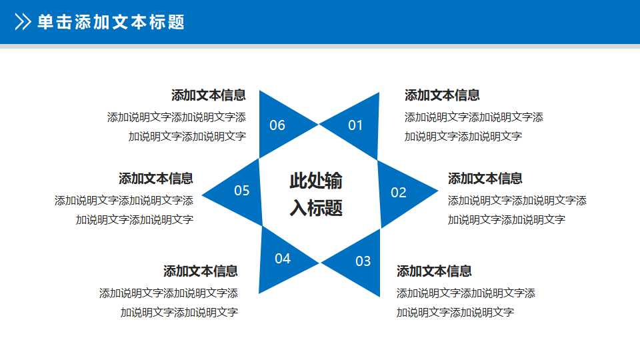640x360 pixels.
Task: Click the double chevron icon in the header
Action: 23,22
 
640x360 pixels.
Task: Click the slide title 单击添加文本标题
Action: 111,22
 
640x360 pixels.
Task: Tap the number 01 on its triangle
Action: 355,125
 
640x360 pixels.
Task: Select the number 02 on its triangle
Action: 399,193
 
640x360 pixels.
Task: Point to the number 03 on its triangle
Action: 363,261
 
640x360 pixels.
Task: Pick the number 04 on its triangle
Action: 283,259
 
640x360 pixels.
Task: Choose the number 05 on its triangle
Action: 241,191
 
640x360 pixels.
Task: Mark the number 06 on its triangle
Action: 277,125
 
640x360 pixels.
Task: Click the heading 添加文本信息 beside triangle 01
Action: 442,95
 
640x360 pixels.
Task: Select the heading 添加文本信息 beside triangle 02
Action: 485,179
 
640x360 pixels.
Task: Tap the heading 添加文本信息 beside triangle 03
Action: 434,271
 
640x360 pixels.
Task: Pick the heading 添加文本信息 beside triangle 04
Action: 201,271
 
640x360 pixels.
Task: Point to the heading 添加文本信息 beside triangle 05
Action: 156,179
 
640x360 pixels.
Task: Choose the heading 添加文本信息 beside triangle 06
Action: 209,95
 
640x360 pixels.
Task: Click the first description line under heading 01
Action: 473,117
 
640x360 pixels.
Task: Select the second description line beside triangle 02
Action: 506,220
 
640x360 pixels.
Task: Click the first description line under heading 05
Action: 124,201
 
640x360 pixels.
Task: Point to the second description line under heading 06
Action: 187,137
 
